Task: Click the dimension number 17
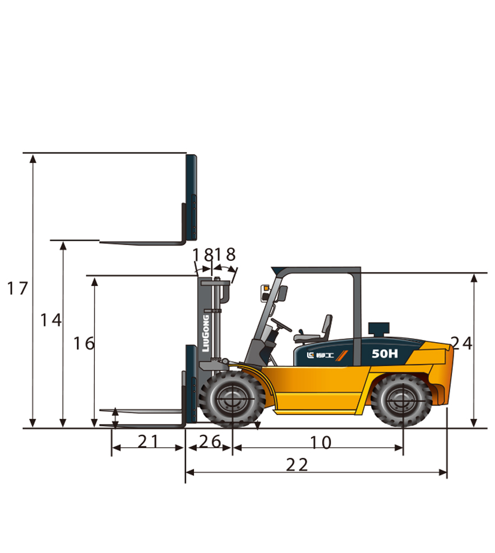click(x=17, y=288)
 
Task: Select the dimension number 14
click(x=51, y=320)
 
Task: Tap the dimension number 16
click(x=84, y=343)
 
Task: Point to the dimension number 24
click(x=461, y=343)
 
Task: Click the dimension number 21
click(x=148, y=441)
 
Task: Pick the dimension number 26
click(x=210, y=441)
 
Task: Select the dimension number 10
click(x=321, y=443)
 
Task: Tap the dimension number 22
click(x=297, y=465)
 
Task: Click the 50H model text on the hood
click(x=385, y=353)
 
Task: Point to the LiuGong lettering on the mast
click(x=206, y=333)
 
